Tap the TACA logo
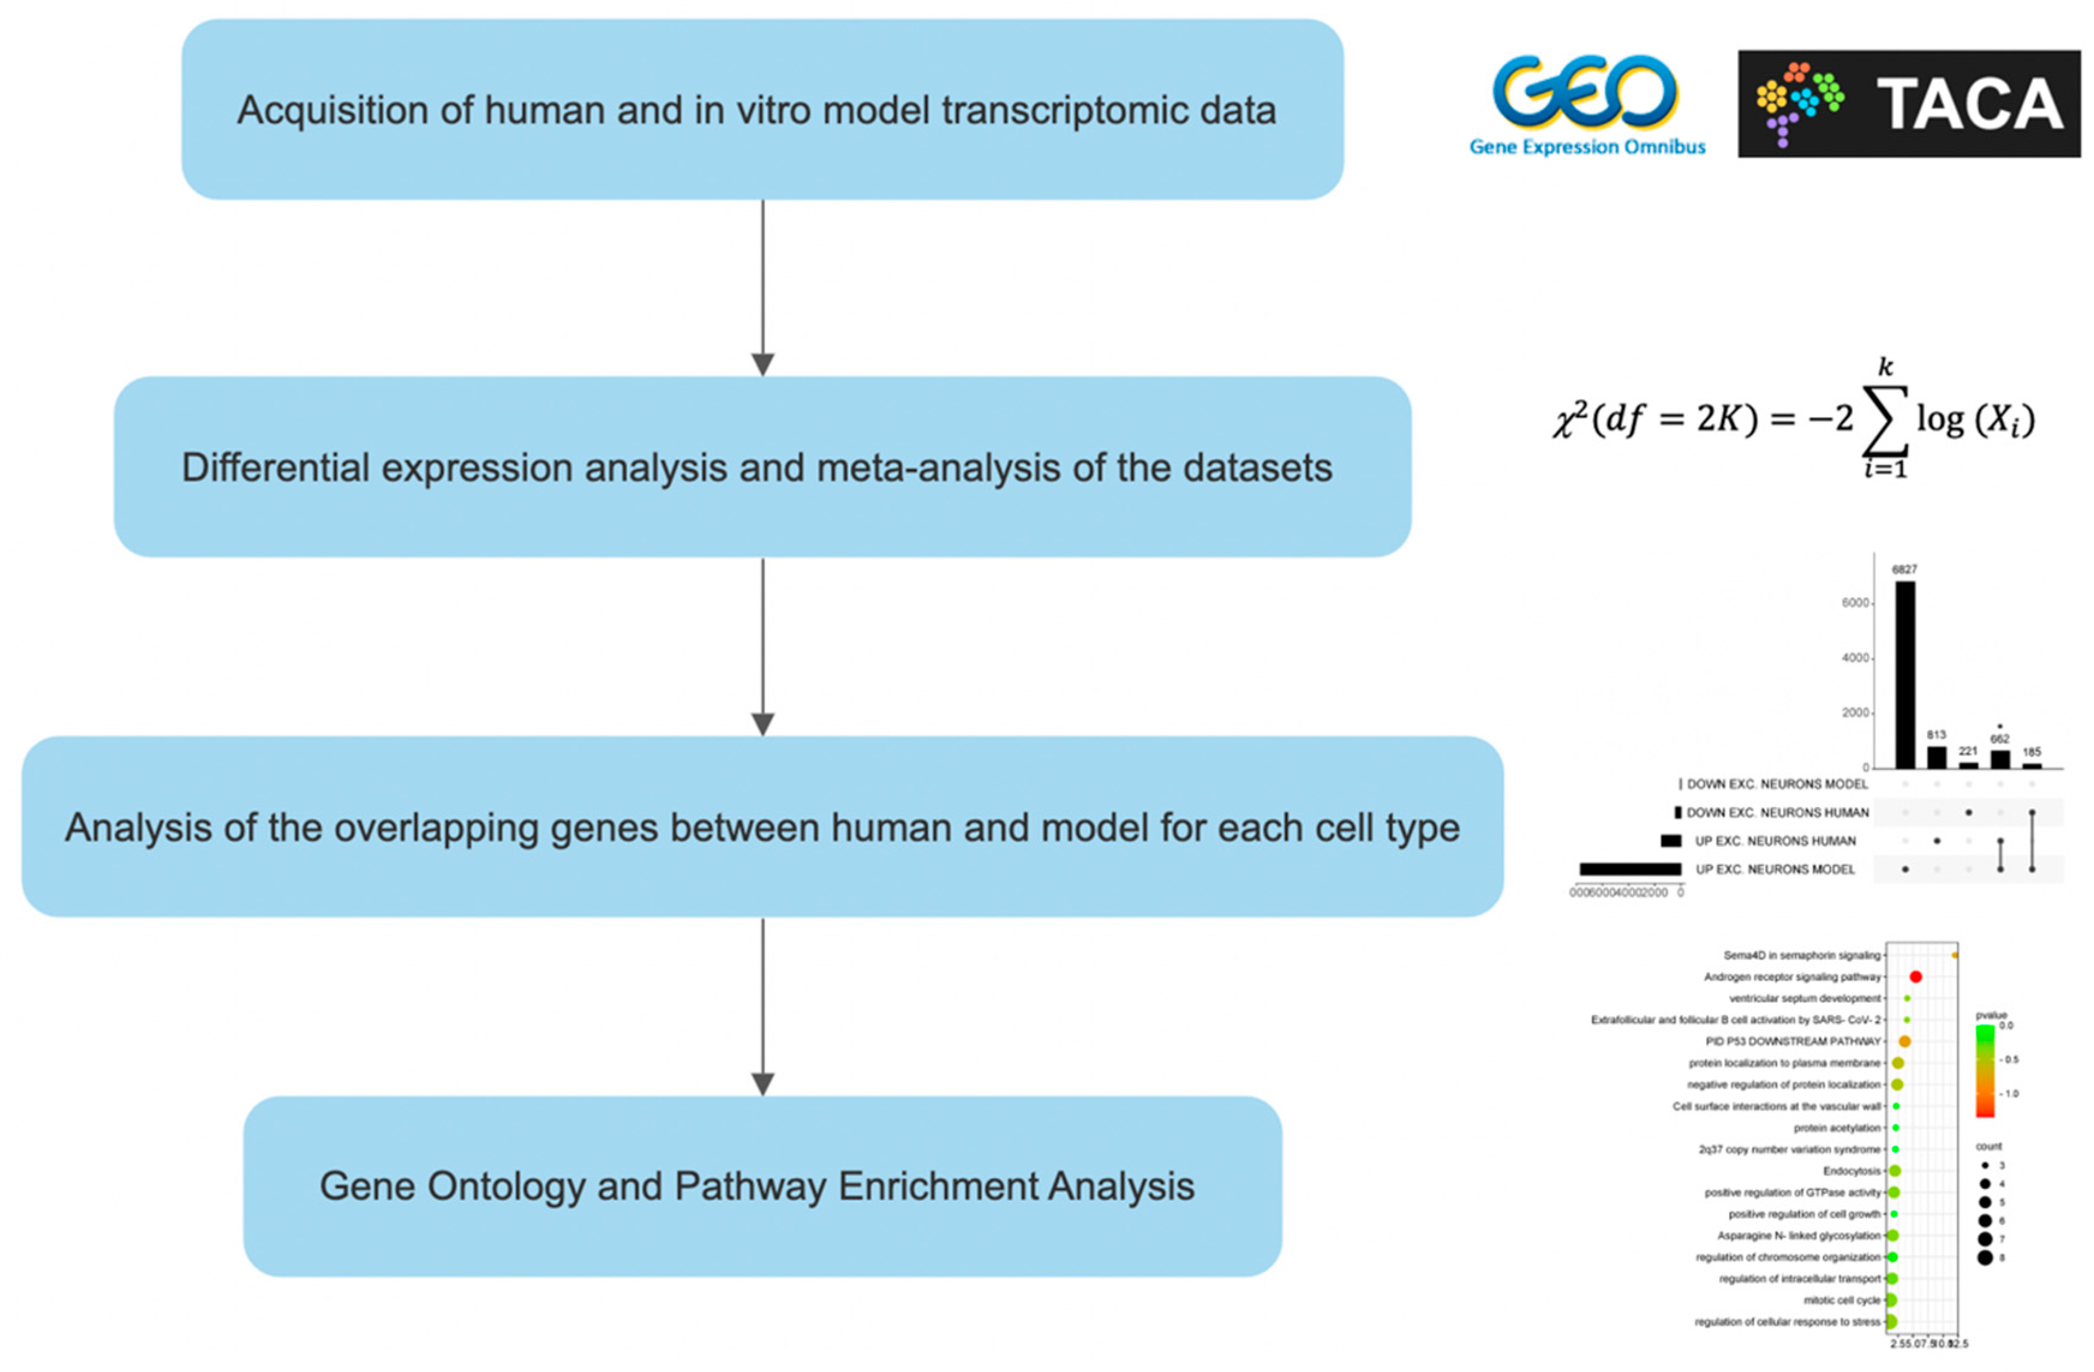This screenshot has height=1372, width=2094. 1908,104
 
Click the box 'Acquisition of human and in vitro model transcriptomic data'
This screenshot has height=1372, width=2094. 762,110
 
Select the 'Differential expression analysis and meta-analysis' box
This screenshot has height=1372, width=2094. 762,467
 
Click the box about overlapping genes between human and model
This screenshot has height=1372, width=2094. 762,826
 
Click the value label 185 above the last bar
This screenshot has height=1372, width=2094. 2032,752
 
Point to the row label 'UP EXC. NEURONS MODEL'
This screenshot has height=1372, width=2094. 1775,869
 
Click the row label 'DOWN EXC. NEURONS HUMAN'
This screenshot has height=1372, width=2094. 1776,813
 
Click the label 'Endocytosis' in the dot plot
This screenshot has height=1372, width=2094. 1851,1170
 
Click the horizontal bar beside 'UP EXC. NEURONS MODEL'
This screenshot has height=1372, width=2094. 1629,869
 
